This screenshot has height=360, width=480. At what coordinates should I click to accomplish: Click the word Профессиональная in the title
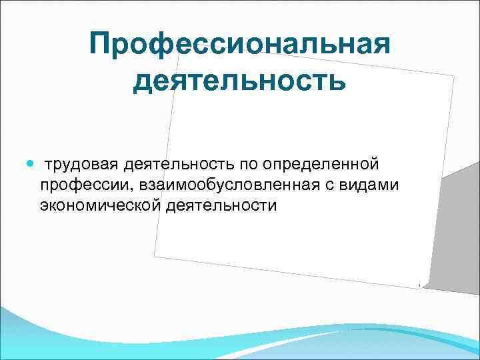click(x=239, y=45)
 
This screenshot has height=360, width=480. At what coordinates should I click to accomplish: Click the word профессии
click(x=77, y=185)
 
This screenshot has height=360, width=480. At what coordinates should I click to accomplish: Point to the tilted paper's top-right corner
click(x=454, y=76)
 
